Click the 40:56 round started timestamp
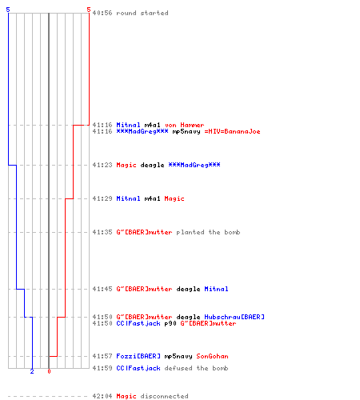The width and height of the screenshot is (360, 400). click(102, 13)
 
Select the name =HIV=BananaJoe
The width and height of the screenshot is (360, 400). click(232, 131)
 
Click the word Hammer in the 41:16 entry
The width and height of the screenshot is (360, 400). click(192, 125)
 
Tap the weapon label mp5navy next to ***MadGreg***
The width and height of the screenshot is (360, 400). click(186, 132)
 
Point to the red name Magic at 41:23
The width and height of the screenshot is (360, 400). click(126, 166)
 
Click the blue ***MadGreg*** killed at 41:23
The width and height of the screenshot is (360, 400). click(194, 165)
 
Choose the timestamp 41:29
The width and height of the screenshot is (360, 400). click(102, 198)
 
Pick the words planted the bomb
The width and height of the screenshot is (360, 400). click(208, 232)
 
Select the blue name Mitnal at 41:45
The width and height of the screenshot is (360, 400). click(216, 289)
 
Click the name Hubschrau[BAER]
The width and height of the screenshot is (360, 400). click(234, 317)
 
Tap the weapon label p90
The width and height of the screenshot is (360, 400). click(170, 324)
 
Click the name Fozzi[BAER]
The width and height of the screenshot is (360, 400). click(138, 356)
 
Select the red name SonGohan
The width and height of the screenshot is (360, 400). click(212, 356)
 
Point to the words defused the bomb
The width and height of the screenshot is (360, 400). click(196, 368)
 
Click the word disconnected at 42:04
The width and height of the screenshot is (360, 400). click(164, 396)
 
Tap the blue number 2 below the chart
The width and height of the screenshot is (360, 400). click(32, 371)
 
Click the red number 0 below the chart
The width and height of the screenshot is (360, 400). click(49, 371)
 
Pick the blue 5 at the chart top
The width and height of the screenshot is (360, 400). click(8, 10)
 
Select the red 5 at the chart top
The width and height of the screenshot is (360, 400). click(89, 10)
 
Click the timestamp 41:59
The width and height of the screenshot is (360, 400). click(102, 368)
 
